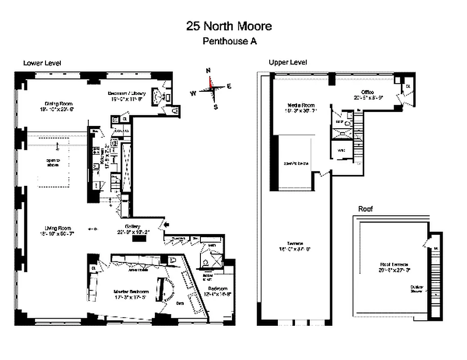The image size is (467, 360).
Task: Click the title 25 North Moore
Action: coord(229,26)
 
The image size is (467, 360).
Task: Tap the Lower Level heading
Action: coord(42,63)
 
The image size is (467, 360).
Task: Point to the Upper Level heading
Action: coord(288,63)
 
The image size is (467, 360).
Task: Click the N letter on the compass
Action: coord(208,71)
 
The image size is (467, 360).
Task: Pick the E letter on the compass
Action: coord(229,86)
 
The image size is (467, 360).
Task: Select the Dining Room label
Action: coord(55,103)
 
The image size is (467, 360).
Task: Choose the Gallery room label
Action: coord(133,226)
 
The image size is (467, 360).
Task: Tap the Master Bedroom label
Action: coord(130,292)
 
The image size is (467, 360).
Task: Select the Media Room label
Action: coord(299,105)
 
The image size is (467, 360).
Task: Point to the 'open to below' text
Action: coord(295,163)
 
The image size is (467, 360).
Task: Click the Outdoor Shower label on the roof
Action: coord(416,288)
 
